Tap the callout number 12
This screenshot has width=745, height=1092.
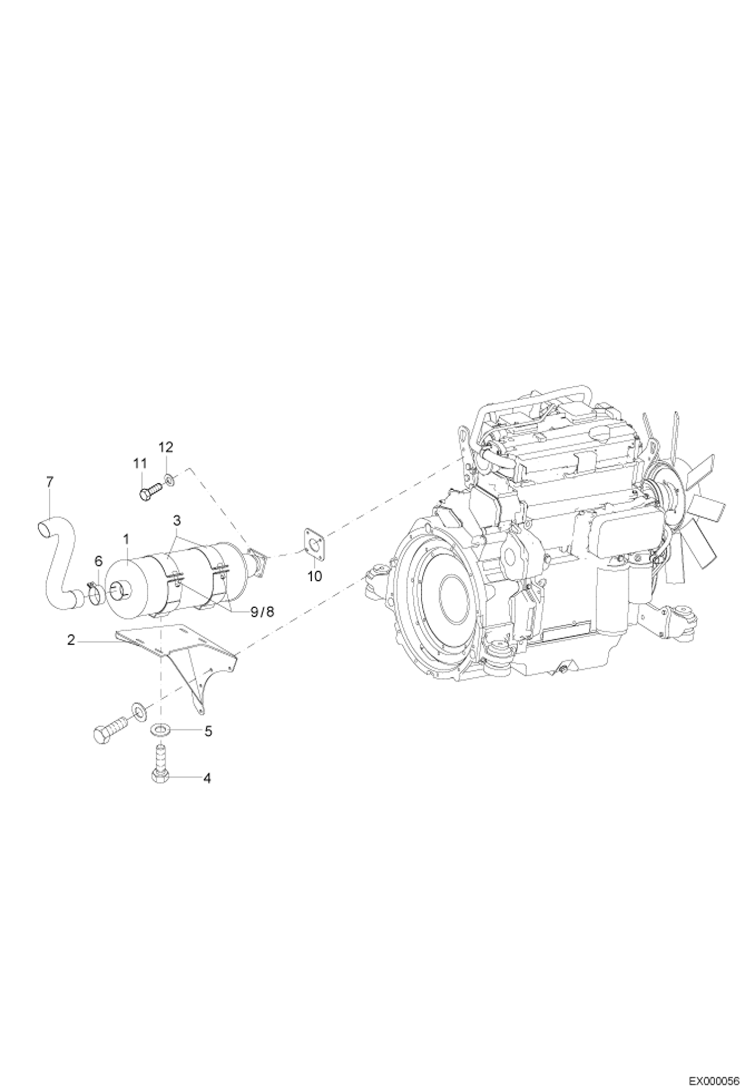pyautogui.click(x=166, y=447)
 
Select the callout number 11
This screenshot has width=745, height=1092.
pyautogui.click(x=140, y=463)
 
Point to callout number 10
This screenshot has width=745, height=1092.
pyautogui.click(x=315, y=576)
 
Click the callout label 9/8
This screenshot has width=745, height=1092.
pyautogui.click(x=262, y=612)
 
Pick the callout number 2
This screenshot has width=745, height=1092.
pyautogui.click(x=71, y=641)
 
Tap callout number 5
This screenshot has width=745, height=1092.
pyautogui.click(x=208, y=731)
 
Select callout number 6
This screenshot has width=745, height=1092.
pyautogui.click(x=98, y=561)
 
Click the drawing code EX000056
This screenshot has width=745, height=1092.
pyautogui.click(x=716, y=1078)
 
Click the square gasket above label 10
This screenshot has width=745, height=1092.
pyautogui.click(x=314, y=544)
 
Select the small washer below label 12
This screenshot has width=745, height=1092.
pyautogui.click(x=170, y=480)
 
